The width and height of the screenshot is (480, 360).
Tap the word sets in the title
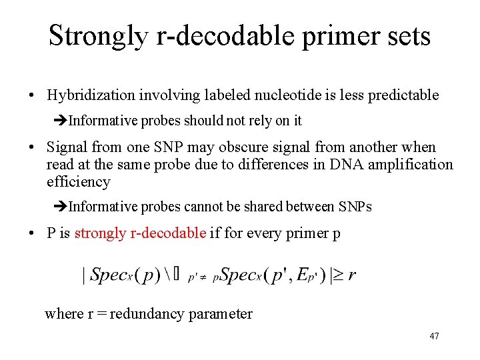tap(408, 36)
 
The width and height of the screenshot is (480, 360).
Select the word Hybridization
tap(91, 95)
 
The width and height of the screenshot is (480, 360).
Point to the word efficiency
tap(78, 181)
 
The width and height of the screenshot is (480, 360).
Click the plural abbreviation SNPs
tap(355, 207)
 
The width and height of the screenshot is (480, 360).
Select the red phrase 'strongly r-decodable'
tap(140, 233)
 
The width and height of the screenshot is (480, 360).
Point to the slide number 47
tap(434, 336)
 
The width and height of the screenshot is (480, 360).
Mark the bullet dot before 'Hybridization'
tap(32, 96)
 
